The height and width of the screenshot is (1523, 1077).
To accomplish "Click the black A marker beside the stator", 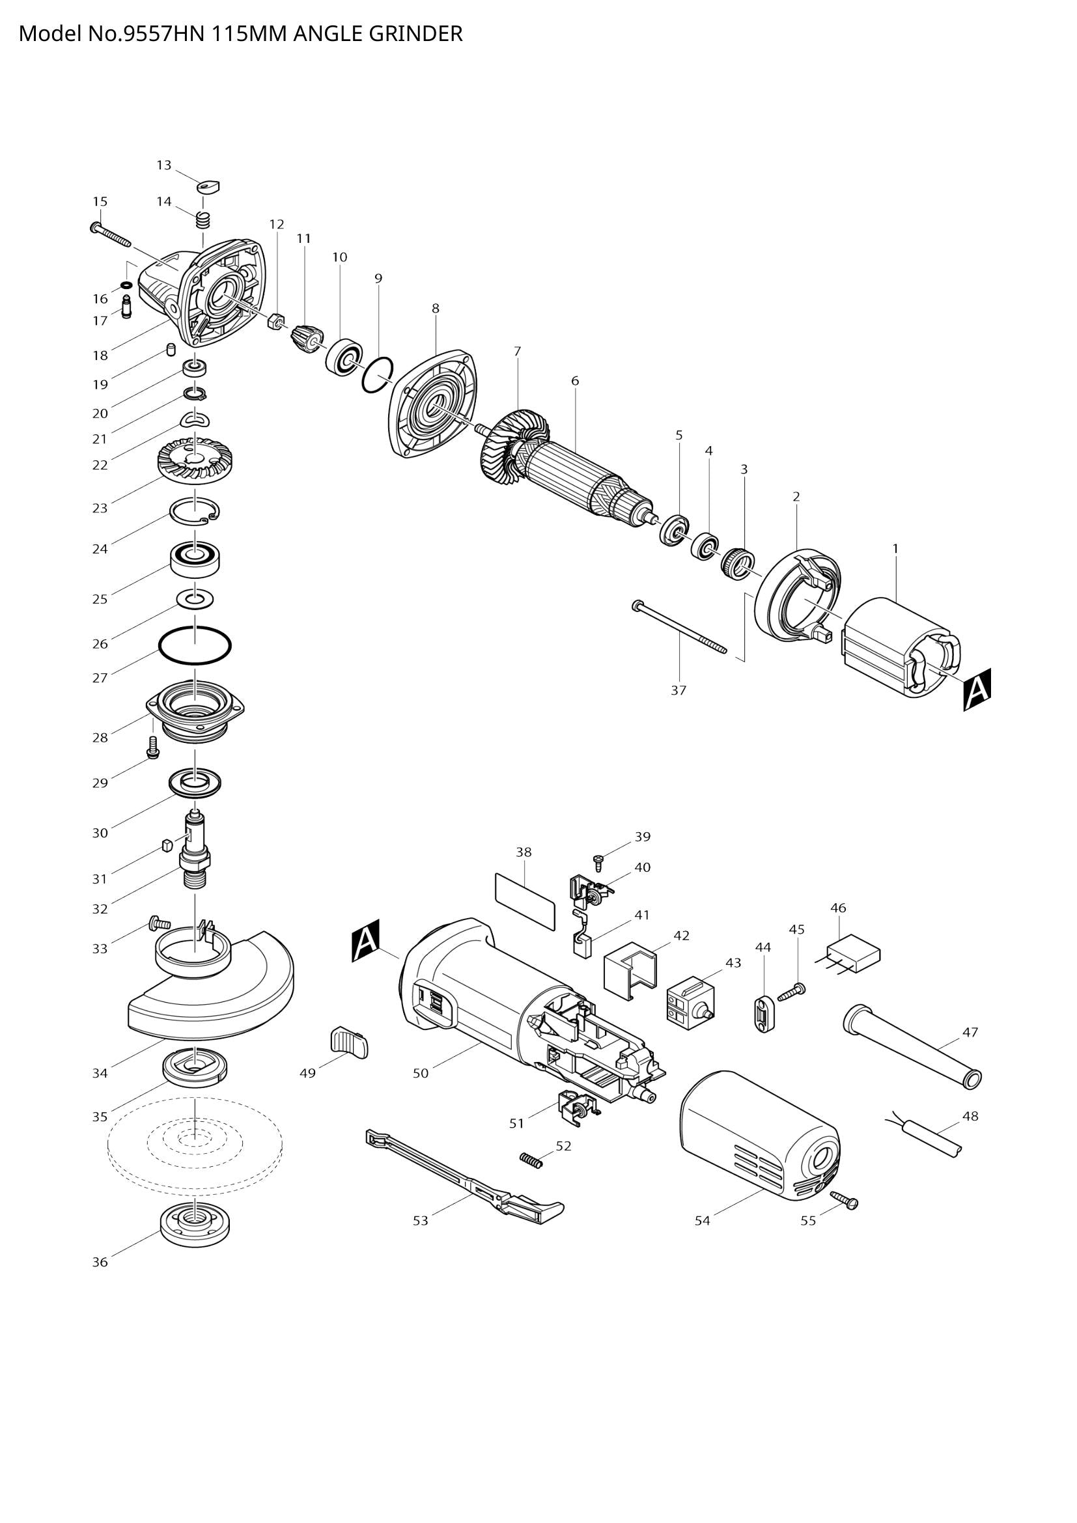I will tap(977, 690).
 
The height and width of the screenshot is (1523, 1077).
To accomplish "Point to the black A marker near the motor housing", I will tap(365, 941).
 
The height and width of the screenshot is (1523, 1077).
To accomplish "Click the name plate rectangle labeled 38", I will tap(525, 901).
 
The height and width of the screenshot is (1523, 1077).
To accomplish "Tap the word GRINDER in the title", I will tap(415, 33).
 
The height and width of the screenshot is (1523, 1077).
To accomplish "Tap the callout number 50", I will tap(421, 1073).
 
